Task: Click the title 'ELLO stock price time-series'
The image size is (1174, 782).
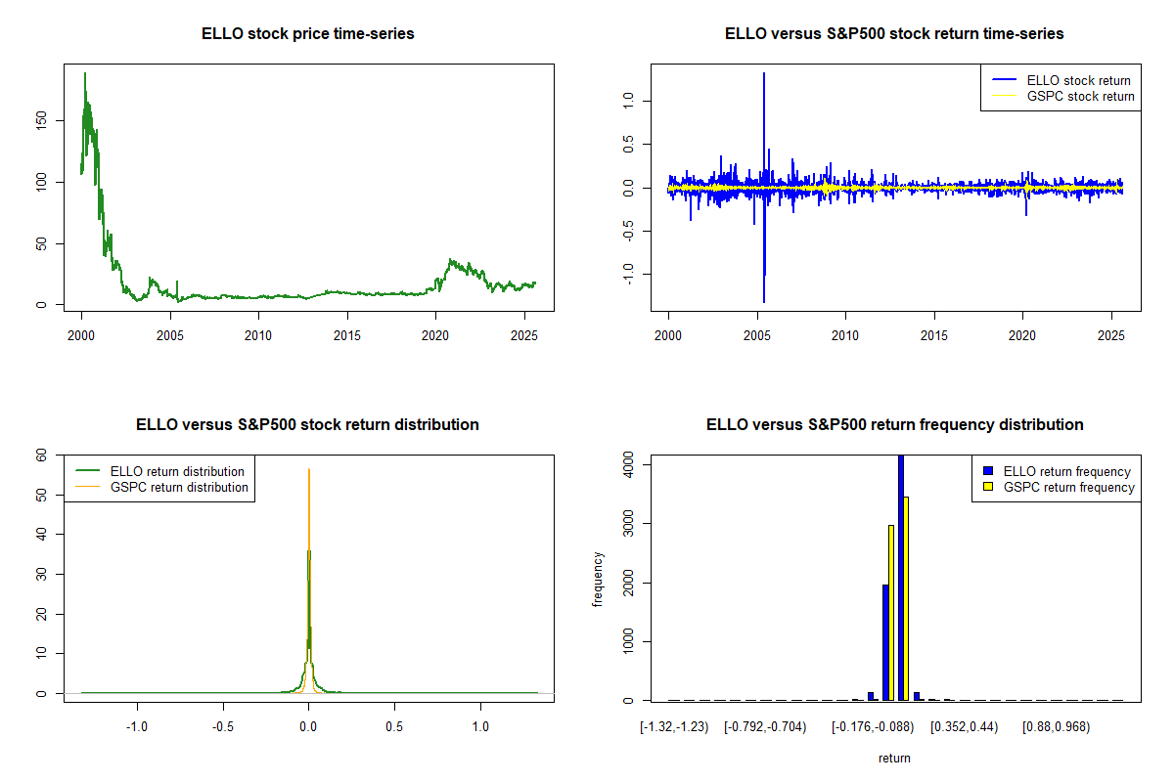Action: click(307, 34)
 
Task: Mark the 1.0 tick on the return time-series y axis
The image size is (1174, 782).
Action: click(628, 100)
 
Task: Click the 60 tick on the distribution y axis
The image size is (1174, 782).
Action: click(42, 455)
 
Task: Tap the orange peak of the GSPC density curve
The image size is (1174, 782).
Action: click(309, 471)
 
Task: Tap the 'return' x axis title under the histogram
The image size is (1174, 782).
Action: click(894, 758)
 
